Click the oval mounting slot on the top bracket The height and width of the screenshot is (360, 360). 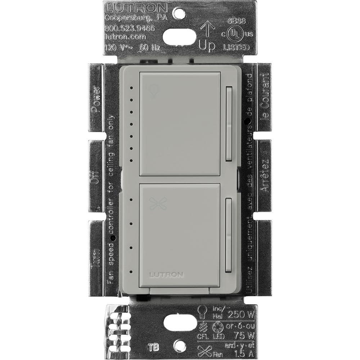[179, 36]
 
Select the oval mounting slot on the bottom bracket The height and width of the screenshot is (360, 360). [180, 323]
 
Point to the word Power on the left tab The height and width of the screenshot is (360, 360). [96, 99]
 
